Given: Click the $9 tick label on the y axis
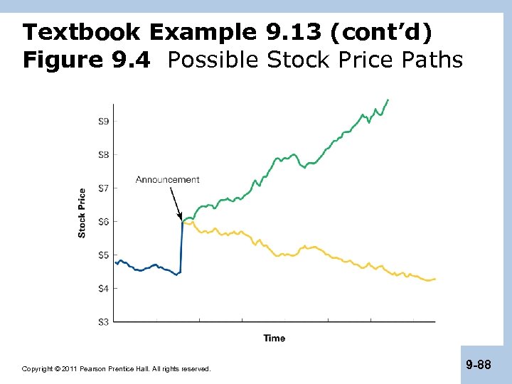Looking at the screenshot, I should point(103,122).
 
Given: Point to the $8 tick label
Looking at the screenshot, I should point(103,155).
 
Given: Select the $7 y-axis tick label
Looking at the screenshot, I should point(103,188).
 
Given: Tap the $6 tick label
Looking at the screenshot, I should point(103,222).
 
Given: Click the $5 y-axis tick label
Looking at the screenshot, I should point(103,255).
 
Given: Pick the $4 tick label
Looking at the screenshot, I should point(103,289).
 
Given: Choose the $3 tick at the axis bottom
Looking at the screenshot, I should point(103,322).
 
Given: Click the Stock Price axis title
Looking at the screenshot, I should point(82,213).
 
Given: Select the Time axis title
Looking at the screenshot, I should point(274,338).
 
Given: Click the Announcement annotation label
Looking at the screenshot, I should point(168,180).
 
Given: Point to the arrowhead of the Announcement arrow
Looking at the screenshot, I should point(181,218).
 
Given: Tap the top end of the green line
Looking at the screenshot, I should point(388,100).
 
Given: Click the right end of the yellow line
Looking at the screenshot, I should point(434,279).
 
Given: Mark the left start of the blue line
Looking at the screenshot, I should point(115,262).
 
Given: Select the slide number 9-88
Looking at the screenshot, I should point(478,365).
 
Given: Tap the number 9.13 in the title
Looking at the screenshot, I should point(291,33).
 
